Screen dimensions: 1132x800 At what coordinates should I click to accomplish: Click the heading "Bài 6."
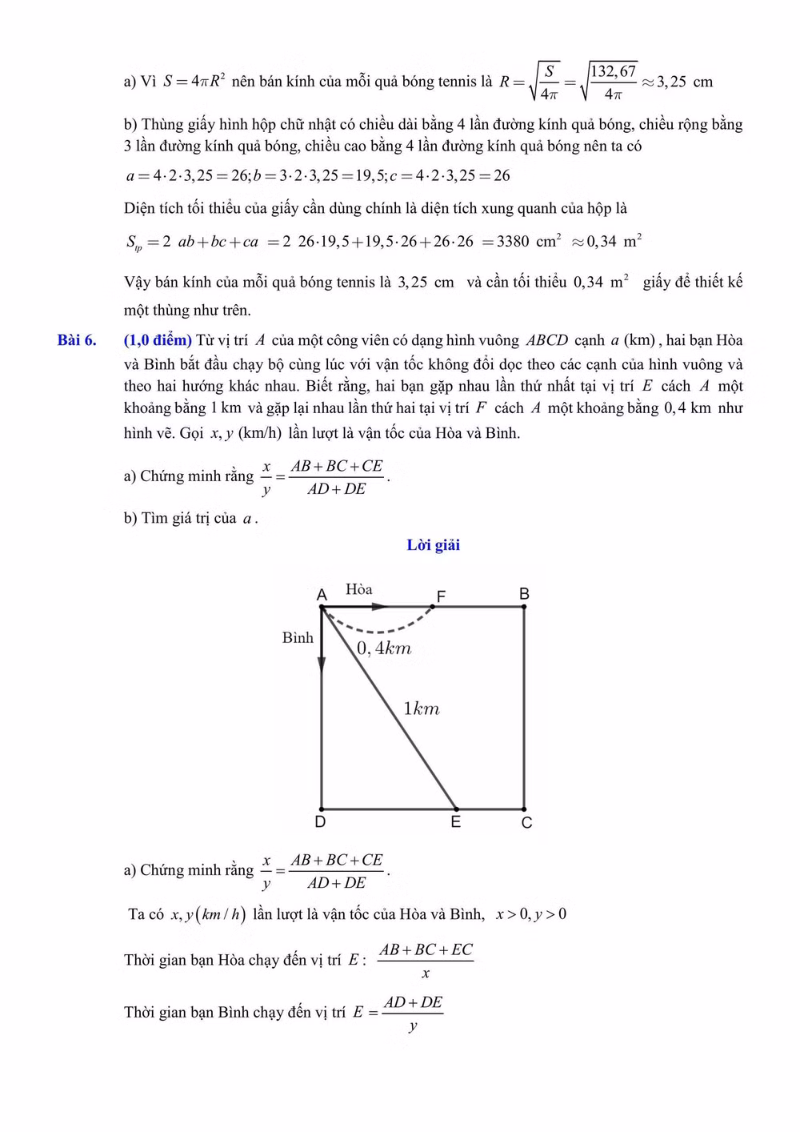(77, 340)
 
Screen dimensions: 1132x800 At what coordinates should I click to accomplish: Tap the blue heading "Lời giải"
(433, 545)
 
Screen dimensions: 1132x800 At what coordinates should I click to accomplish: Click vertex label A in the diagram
(322, 595)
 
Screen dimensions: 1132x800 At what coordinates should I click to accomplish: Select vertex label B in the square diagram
(524, 594)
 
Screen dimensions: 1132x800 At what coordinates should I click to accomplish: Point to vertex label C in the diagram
(526, 823)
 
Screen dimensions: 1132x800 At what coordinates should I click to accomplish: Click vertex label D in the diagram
(320, 822)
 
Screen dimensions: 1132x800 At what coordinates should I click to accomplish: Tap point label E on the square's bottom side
(456, 822)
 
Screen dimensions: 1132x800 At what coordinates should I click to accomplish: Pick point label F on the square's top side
(441, 596)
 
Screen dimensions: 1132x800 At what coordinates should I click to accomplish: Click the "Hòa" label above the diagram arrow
(359, 589)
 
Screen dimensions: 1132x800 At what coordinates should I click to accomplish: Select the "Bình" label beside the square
(298, 638)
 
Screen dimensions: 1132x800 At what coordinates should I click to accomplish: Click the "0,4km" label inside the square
(384, 648)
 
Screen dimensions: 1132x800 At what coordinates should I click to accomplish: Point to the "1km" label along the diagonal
(422, 709)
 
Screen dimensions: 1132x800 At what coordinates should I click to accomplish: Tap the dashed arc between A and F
(376, 630)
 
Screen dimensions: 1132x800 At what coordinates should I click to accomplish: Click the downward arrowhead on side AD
(322, 664)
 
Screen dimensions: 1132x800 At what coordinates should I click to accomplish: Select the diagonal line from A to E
(390, 709)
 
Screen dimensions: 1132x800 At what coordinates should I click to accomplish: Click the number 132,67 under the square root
(614, 72)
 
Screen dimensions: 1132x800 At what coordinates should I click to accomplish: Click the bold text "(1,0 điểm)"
(158, 340)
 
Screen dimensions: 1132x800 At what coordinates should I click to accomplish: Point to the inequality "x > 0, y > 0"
(530, 914)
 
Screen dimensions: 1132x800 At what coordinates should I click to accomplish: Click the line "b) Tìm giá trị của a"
(190, 519)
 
